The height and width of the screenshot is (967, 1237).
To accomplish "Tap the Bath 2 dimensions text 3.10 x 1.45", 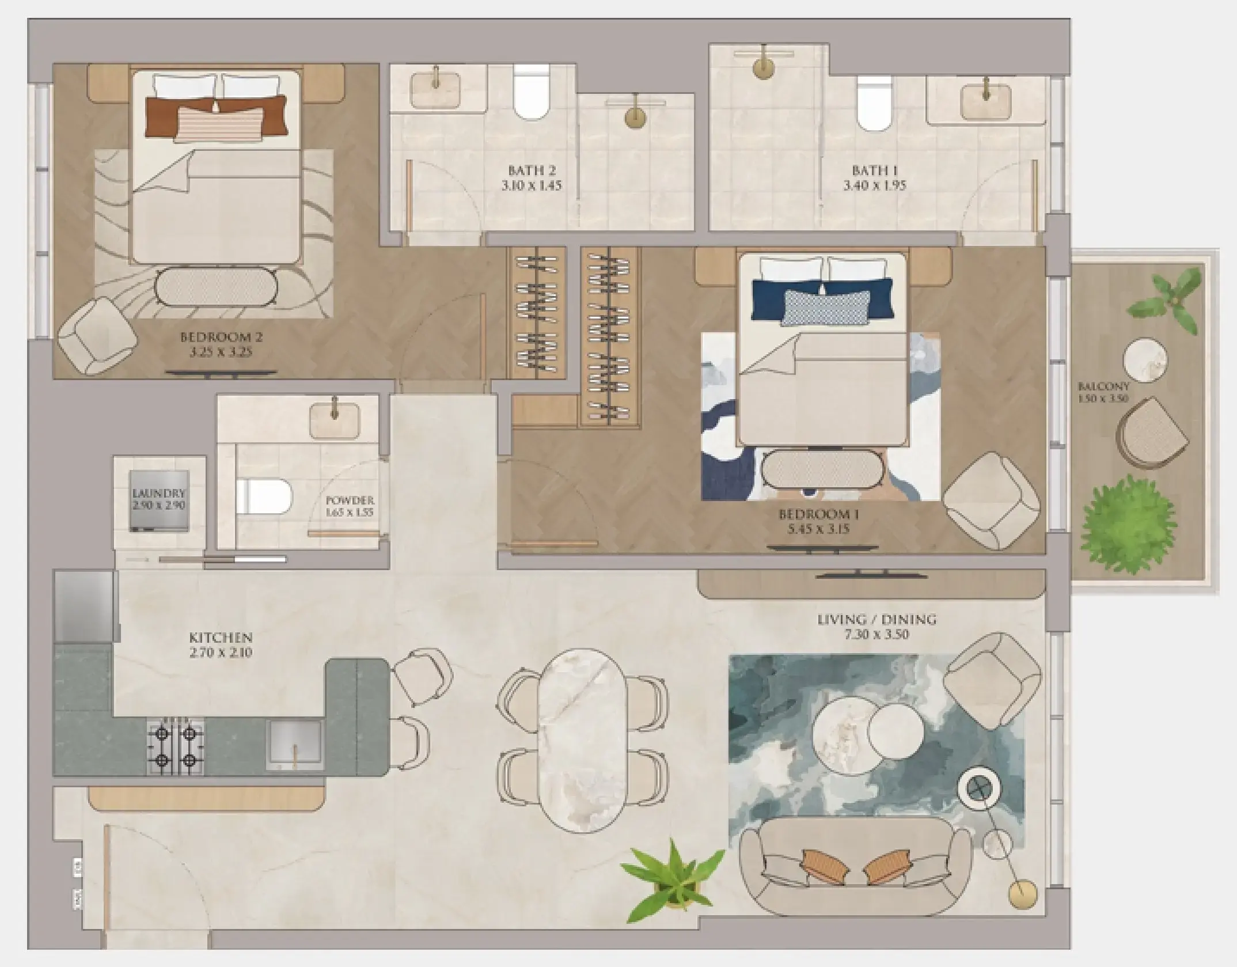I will [532, 186].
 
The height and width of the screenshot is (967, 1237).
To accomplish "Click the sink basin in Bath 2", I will [435, 89].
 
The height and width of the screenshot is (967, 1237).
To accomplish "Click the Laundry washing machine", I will [160, 502].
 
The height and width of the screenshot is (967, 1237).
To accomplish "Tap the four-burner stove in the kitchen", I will [175, 748].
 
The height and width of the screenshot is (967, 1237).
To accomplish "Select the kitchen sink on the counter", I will [295, 745].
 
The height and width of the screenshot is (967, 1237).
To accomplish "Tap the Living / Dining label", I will [876, 620].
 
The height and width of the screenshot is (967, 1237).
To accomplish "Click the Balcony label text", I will [1103, 386].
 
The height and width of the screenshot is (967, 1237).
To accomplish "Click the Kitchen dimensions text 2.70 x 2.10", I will [221, 653].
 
